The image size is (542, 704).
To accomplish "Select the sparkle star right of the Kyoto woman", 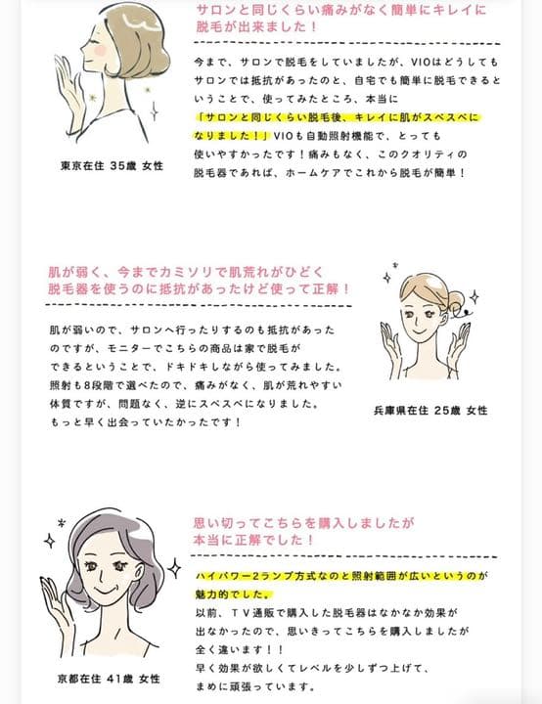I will pos(173,566).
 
